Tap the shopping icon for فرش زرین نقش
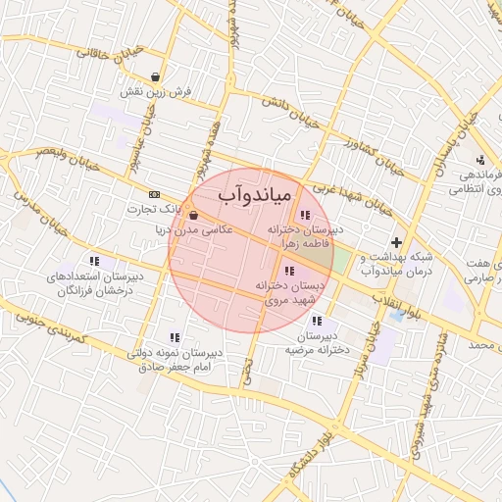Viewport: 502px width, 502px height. [x=156, y=76]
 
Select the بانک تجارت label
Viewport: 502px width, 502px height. [x=156, y=209]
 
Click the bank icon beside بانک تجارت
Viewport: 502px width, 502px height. [x=154, y=195]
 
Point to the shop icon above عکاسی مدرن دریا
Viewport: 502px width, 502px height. [x=193, y=216]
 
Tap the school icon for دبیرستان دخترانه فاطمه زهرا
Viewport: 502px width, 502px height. [x=305, y=214]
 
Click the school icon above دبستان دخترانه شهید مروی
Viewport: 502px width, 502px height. [x=286, y=271]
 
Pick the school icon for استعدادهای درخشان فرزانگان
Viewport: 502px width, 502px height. [x=94, y=261]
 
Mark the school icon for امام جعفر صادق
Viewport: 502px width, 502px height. [x=175, y=337]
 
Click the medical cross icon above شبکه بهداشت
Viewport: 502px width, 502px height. [x=396, y=242]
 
